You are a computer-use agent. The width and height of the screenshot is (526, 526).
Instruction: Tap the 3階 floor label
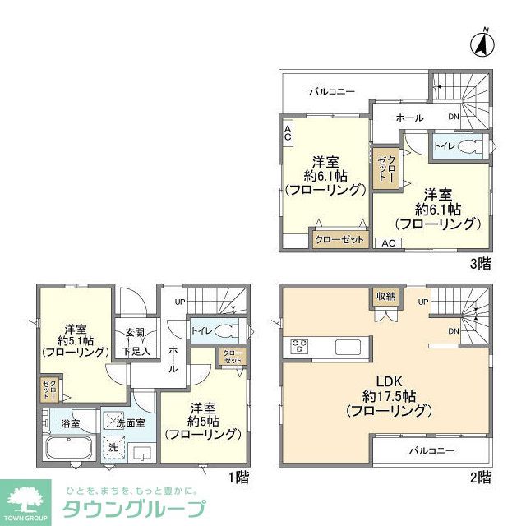coord(481,264)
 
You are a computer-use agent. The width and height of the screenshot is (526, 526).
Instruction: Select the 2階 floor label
coord(481,477)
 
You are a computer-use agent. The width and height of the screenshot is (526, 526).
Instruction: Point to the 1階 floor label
coord(238,477)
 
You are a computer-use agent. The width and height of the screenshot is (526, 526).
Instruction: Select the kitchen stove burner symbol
coord(297,346)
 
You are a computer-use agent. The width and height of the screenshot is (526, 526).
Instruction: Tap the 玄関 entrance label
coord(136,333)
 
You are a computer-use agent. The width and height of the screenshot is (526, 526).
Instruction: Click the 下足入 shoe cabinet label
coord(136,351)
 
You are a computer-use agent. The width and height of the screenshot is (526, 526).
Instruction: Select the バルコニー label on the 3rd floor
coord(331,91)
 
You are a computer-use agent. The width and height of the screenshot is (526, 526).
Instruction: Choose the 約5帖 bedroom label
coord(203,420)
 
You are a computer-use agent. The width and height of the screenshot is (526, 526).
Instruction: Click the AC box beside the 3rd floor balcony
coord(288,134)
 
